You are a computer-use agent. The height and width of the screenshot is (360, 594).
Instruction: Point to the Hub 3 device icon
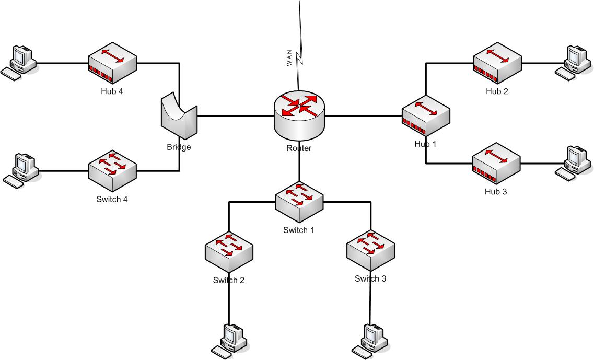tap(496, 164)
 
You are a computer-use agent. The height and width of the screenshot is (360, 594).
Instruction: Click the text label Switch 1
tap(299, 230)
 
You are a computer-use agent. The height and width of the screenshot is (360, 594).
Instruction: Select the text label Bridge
tap(179, 147)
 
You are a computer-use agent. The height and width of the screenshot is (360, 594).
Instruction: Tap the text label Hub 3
tap(496, 192)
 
